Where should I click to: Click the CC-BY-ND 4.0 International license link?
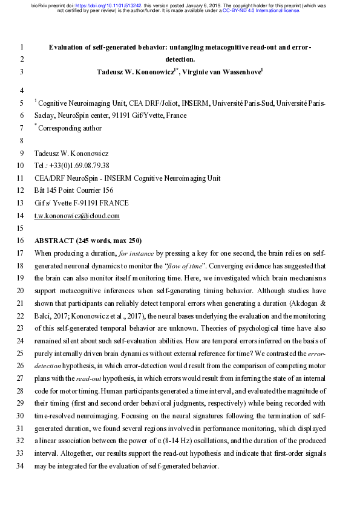click(x=261, y=10)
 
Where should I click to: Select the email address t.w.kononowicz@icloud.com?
click(x=77, y=216)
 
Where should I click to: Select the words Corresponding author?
click(x=70, y=128)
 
